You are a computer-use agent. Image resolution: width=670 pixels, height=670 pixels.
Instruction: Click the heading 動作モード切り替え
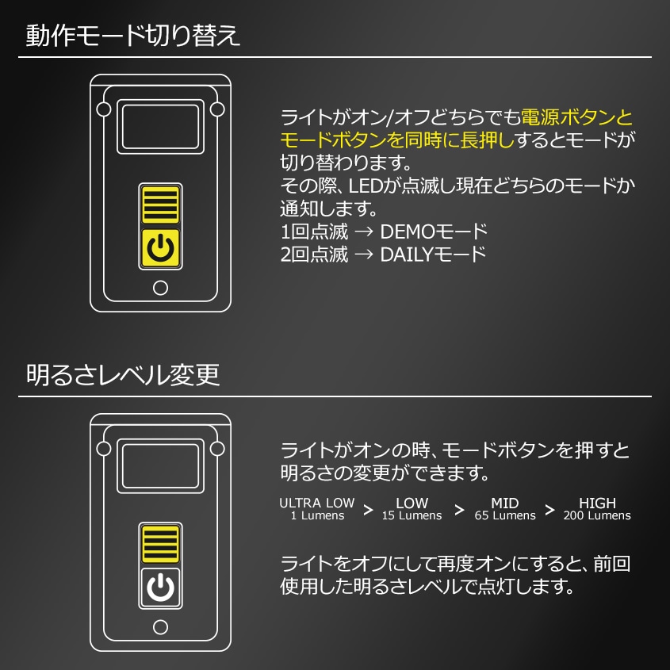click(132, 36)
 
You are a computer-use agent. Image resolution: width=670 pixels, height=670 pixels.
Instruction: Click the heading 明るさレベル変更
click(123, 375)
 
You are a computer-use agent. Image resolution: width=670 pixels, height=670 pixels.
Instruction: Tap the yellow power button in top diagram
click(160, 249)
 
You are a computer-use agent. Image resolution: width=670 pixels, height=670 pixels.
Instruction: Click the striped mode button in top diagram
click(160, 205)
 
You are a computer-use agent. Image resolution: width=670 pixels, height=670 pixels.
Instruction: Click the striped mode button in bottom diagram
click(160, 544)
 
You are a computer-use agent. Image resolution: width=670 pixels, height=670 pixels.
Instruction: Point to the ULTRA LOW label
click(316, 503)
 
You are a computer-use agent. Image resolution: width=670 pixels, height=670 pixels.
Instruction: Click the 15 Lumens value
click(412, 516)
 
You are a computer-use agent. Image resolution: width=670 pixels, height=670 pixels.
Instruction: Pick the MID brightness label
click(504, 503)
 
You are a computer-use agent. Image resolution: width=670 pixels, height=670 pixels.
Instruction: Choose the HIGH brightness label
click(597, 503)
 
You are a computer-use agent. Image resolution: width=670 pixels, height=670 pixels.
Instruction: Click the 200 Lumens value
click(597, 516)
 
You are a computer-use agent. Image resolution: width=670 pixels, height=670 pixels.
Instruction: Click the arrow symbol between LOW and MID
click(459, 510)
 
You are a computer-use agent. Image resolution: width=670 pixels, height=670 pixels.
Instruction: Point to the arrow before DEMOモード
click(365, 233)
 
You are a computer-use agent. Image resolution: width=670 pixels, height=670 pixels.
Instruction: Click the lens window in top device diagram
click(160, 126)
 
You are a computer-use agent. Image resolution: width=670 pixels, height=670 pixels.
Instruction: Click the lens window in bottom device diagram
click(160, 465)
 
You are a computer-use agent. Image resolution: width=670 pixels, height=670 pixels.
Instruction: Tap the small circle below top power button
click(160, 288)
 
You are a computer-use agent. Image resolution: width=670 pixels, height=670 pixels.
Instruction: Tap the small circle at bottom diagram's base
click(160, 627)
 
